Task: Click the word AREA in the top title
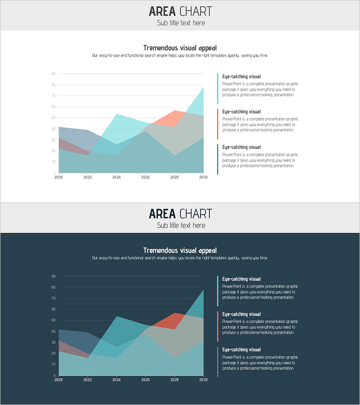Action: [162, 11]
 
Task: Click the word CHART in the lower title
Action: [195, 214]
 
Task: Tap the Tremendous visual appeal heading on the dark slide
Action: [180, 250]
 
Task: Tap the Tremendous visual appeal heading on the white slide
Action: [180, 48]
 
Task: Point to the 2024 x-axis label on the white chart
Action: [117, 177]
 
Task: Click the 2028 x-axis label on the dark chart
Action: [175, 380]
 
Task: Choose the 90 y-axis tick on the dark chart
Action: [53, 276]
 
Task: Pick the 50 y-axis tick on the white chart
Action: [53, 118]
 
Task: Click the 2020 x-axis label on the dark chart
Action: [59, 380]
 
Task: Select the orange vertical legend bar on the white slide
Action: [217, 124]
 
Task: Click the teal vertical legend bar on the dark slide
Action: [217, 291]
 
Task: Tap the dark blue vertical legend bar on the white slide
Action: [217, 159]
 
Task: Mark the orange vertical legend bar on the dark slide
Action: [217, 326]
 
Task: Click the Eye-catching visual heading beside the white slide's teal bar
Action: [241, 76]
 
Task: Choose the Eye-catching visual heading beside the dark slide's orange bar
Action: [241, 314]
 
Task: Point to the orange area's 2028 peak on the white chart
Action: [175, 111]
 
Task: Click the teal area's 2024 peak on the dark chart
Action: [117, 317]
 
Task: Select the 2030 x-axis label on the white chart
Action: [203, 177]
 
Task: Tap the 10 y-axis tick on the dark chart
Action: [53, 364]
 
